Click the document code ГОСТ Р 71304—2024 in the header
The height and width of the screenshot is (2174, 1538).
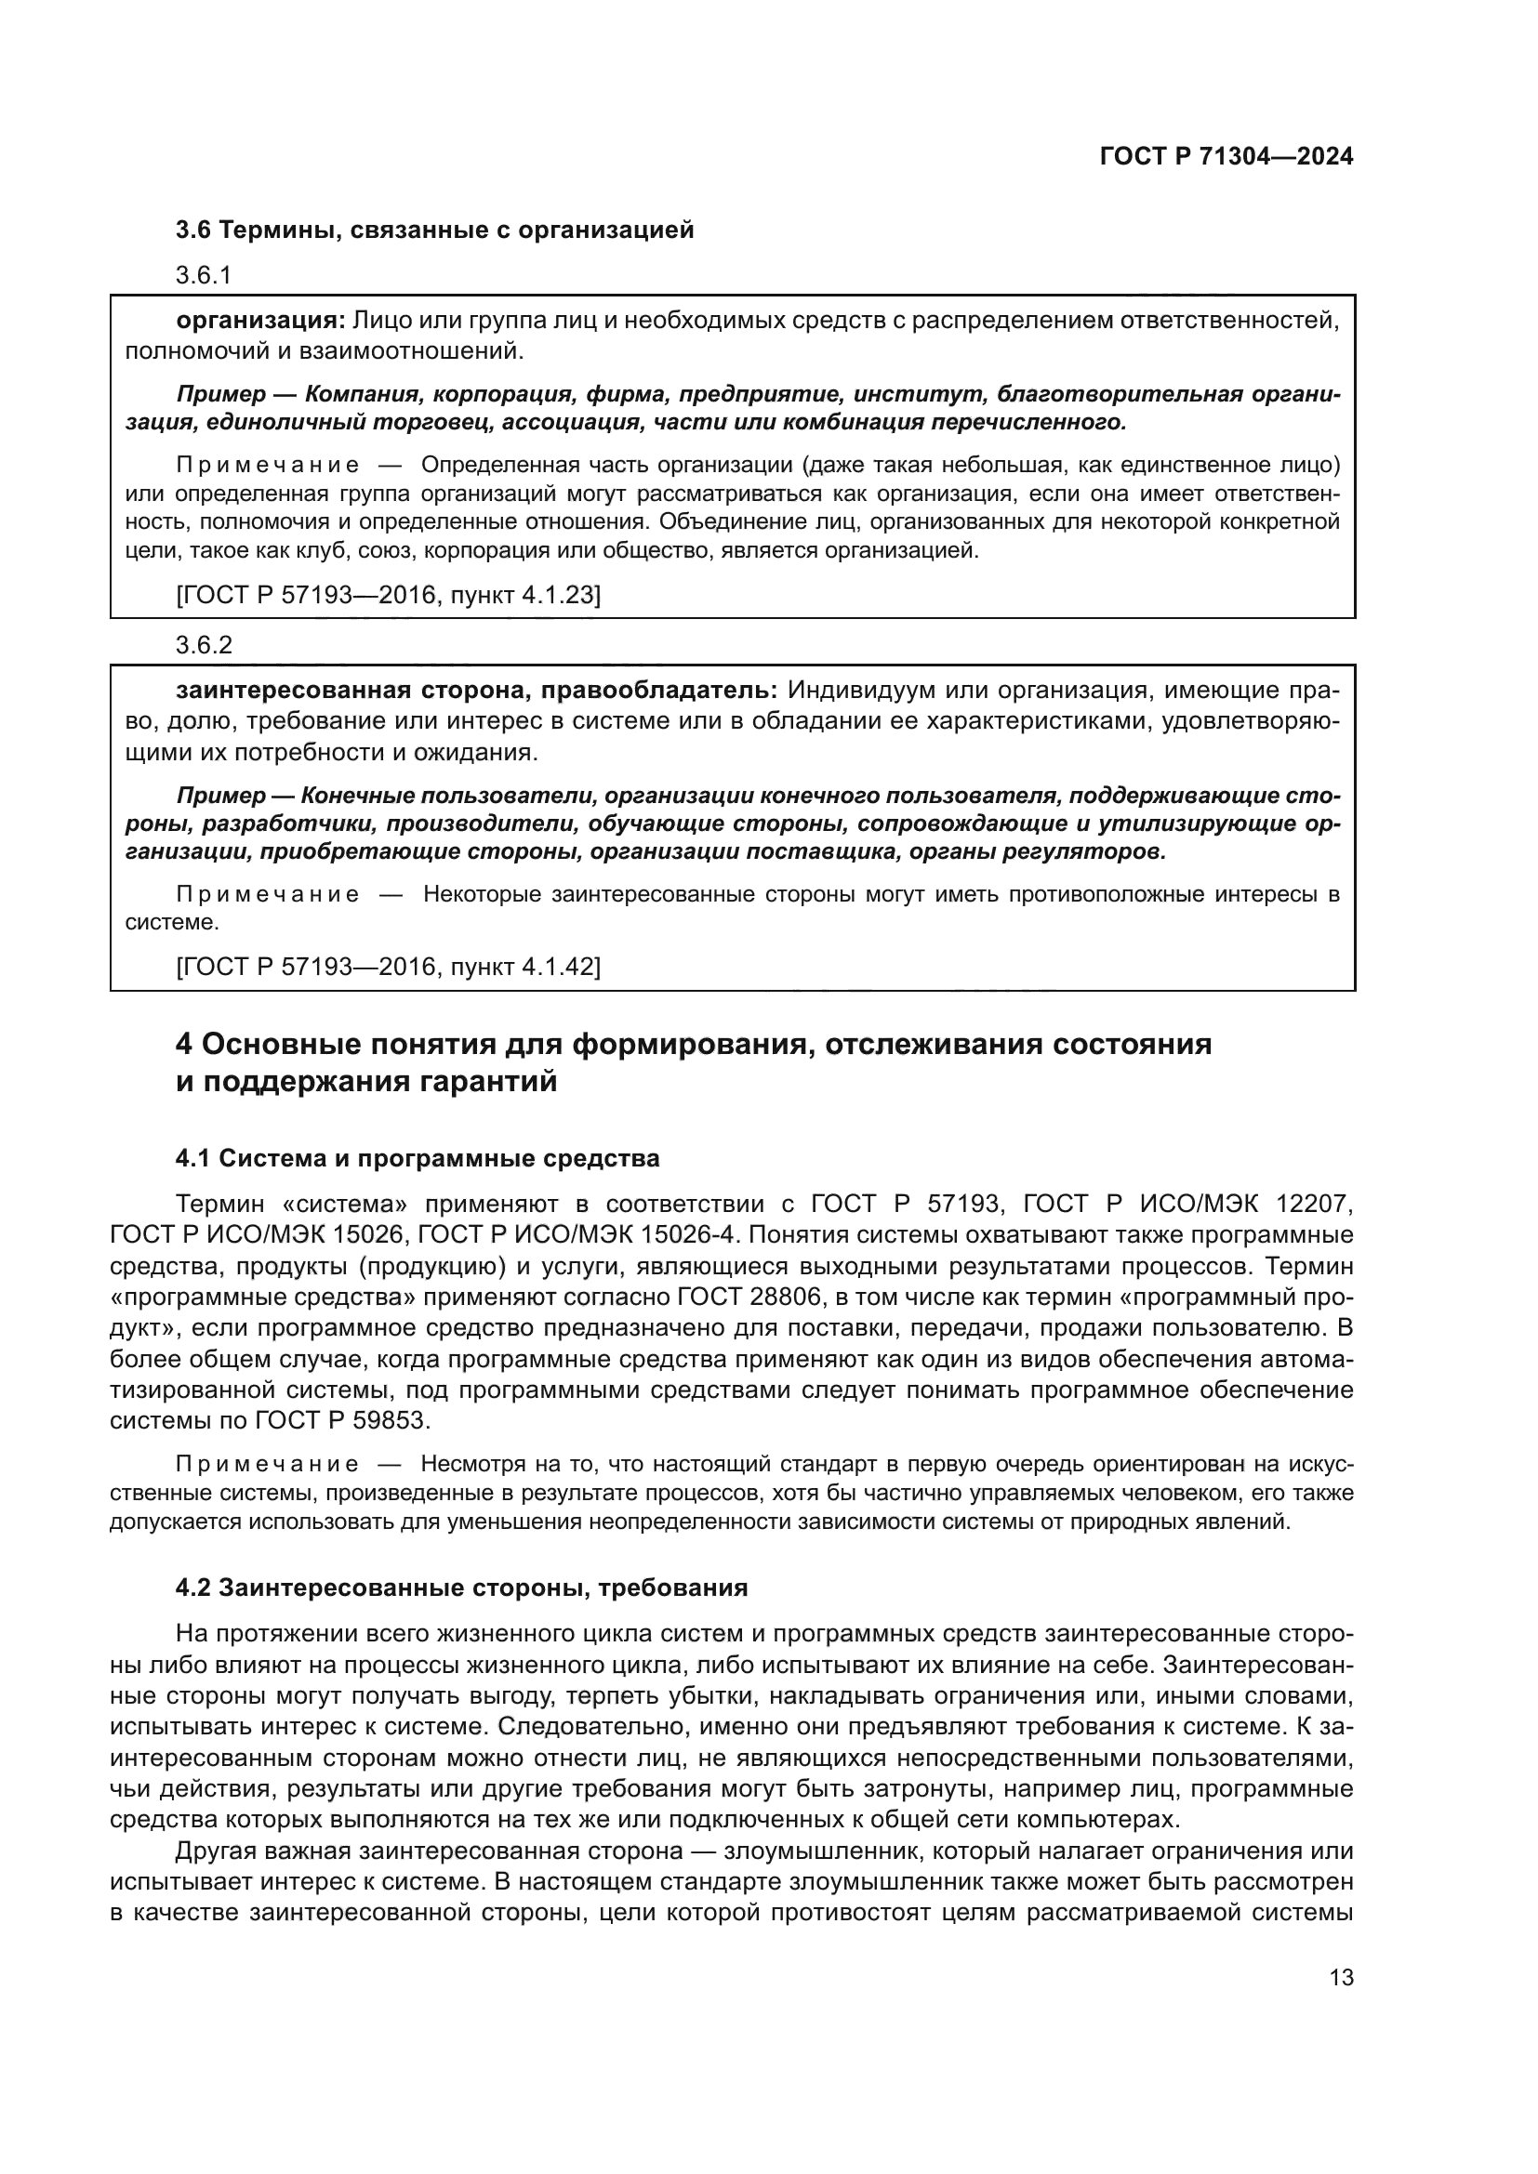1226,157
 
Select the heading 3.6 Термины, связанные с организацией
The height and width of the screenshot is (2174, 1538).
434,231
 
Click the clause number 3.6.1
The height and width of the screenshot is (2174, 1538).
204,275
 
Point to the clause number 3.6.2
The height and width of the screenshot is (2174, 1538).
204,646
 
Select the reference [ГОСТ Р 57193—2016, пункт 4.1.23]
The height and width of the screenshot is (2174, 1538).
389,596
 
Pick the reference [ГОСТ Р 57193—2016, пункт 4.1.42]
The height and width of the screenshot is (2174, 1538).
389,968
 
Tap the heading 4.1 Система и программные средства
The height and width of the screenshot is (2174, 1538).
418,1158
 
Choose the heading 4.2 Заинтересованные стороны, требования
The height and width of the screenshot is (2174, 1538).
461,1588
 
